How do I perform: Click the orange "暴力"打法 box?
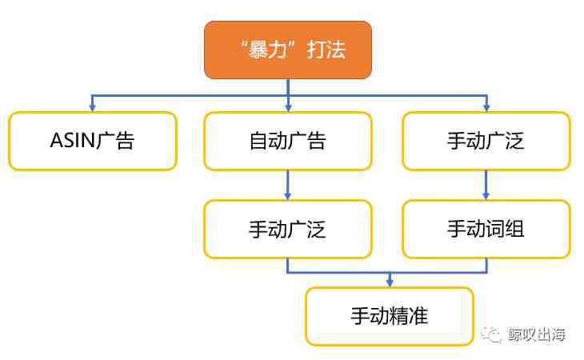tap(288, 50)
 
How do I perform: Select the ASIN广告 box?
tap(93, 141)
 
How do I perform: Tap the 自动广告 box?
tap(288, 141)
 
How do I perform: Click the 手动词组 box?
tap(486, 229)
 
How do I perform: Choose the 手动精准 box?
tap(390, 317)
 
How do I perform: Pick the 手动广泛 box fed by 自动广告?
tap(288, 229)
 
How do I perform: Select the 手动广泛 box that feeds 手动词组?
tap(486, 141)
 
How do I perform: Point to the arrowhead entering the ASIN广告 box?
tap(92, 108)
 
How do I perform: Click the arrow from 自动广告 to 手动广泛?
tap(287, 185)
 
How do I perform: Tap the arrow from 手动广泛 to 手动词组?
tap(486, 185)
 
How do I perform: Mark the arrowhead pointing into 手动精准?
tap(390, 283)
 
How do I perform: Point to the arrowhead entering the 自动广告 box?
tap(288, 108)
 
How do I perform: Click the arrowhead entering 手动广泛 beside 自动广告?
tap(486, 108)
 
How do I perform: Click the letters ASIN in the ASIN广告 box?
tap(73, 141)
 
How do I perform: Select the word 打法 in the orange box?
tap(326, 50)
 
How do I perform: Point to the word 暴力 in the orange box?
tap(267, 50)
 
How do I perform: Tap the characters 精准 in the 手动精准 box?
tap(409, 316)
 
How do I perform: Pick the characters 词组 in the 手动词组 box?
tap(506, 229)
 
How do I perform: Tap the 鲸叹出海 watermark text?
tap(537, 334)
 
